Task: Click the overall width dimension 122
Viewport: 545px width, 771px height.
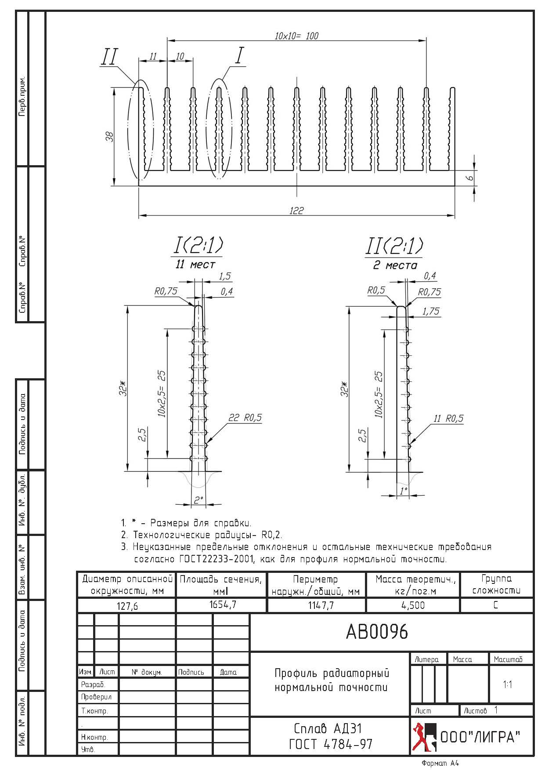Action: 296,211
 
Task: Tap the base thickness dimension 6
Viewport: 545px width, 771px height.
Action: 469,177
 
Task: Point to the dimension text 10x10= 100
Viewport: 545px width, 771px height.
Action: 296,36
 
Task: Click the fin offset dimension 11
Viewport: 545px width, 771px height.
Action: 152,56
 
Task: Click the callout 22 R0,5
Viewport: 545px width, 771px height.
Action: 245,417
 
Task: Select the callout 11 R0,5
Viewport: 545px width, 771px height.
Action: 448,418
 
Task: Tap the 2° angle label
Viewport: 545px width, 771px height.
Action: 199,500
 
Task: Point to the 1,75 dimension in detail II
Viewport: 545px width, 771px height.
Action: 430,311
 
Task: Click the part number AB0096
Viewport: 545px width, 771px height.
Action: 377,632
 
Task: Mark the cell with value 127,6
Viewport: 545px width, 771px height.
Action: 127,606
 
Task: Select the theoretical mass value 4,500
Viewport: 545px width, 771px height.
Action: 413,605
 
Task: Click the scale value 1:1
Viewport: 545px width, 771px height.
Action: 508,684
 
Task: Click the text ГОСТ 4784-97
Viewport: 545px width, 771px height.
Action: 330,744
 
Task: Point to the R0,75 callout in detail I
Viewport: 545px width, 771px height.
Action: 166,291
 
